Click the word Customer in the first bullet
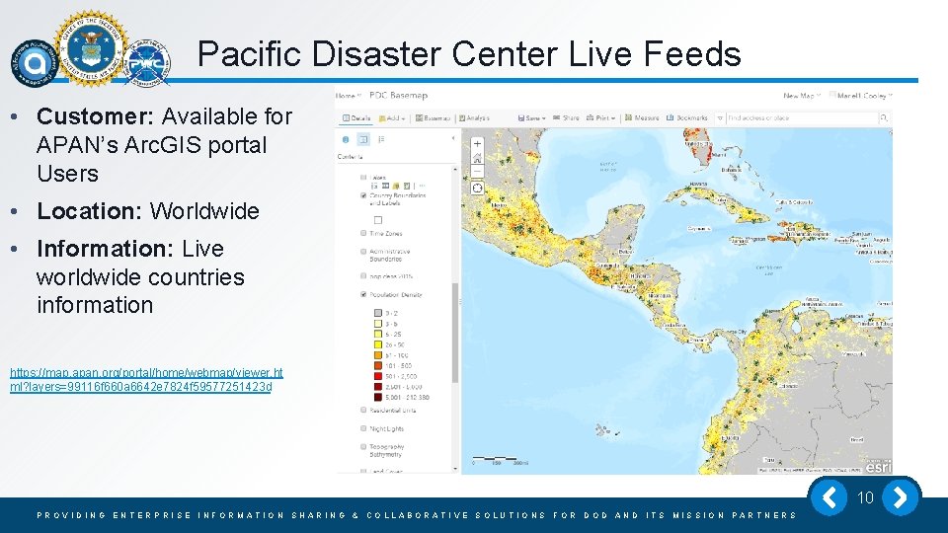point(95,116)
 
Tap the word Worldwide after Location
point(204,211)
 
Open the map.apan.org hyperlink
point(145,379)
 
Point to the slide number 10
point(865,497)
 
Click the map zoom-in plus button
point(477,144)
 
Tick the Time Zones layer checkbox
point(364,234)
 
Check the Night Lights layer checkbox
point(364,429)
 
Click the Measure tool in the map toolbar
point(643,117)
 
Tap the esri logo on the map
point(879,464)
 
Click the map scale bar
point(502,462)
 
